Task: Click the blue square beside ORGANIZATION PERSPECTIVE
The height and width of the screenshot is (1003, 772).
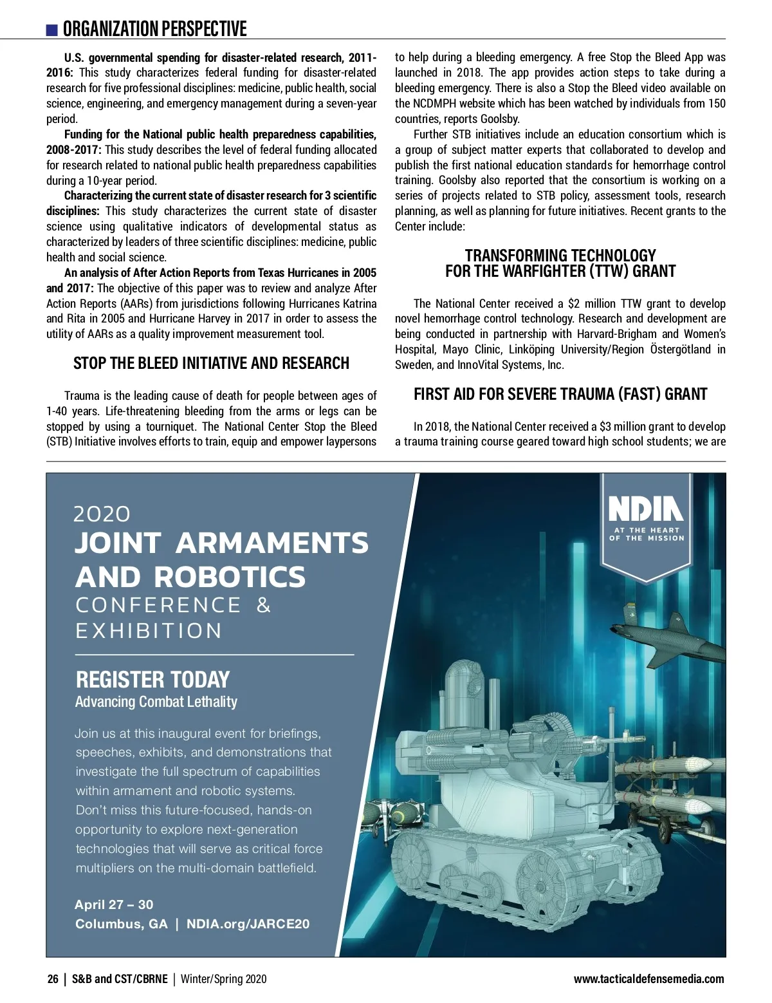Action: [52, 30]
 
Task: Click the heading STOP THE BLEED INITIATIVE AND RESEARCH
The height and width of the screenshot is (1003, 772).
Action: [211, 363]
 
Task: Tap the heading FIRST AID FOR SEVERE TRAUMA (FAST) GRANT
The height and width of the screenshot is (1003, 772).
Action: [560, 394]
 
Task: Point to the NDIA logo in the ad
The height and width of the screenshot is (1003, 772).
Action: [646, 508]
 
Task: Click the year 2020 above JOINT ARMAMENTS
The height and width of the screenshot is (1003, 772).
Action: [102, 514]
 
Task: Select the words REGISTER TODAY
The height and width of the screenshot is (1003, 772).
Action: [152, 679]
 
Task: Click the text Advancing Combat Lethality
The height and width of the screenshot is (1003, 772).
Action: [156, 702]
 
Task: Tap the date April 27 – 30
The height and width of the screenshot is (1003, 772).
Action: [114, 905]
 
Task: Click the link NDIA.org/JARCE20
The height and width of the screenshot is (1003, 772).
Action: [248, 924]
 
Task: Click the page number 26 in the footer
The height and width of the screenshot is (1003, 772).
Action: [53, 979]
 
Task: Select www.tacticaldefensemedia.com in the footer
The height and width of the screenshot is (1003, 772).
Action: [648, 979]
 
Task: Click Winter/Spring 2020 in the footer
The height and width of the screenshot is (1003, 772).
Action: [223, 979]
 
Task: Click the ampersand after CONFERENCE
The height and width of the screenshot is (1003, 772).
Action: [264, 605]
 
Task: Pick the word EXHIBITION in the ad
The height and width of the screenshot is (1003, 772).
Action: [149, 631]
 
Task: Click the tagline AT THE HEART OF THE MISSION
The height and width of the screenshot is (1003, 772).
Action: [647, 534]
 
